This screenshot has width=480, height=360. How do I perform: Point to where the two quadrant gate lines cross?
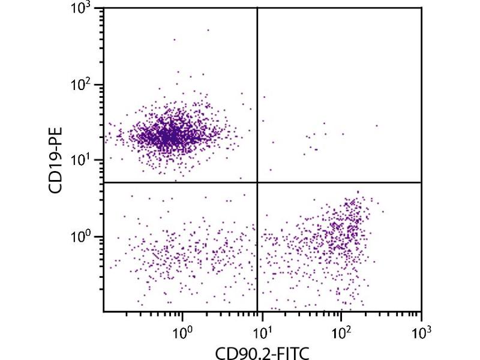(257, 182)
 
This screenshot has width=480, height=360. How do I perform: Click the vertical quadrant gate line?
(257, 90)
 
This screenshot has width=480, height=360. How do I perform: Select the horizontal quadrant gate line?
(180, 182)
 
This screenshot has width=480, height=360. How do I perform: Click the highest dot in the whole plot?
(208, 29)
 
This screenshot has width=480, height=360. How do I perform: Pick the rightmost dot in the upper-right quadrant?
(377, 126)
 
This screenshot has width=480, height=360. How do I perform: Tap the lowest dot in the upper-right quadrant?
(270, 170)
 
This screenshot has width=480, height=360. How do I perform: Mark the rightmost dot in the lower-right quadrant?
(383, 211)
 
